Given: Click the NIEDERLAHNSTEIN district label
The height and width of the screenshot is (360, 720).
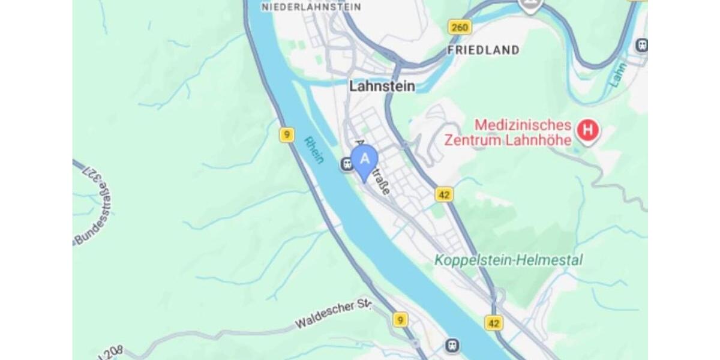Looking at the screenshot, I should coord(311,7).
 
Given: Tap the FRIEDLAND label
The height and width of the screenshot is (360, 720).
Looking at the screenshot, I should coord(484,50).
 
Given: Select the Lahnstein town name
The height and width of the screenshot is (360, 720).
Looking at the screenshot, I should coord(382,86).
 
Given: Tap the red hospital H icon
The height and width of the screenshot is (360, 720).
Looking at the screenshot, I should coord(588,130).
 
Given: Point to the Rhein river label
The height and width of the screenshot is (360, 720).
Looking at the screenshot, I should coord(314,150).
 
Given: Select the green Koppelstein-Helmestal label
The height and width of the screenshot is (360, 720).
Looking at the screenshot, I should coord(508,260).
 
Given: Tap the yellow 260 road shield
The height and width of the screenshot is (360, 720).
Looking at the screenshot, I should coord(459,27).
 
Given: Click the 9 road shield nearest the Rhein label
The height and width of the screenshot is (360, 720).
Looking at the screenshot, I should coord(287,135).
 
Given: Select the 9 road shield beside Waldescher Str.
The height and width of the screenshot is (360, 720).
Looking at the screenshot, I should coord(400,319).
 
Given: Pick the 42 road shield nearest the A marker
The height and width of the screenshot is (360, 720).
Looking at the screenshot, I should coord(444,194).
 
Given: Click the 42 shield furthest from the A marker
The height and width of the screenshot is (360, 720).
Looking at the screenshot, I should coord(493,323).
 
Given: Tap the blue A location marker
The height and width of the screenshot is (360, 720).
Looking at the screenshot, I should coord(364,161).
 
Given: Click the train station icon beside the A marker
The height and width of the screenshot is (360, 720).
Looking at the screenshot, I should coord(346,163).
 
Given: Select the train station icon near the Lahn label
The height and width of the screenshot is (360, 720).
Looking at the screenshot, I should coord(641,45).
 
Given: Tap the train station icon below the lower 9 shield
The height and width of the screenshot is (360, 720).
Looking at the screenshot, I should coord(453,345).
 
